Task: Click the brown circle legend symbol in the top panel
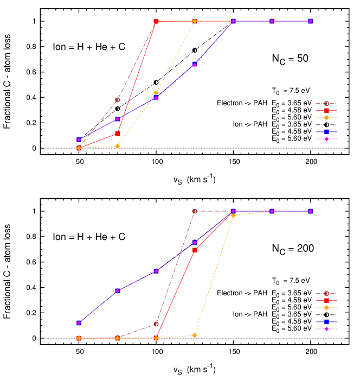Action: [x=326, y=104]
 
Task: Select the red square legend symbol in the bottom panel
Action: [x=326, y=301]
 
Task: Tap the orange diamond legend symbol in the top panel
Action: [x=326, y=118]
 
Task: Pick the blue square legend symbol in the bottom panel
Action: [x=326, y=322]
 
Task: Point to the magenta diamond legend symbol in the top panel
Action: [x=326, y=139]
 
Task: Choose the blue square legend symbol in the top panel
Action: [x=326, y=132]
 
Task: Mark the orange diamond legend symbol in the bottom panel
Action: [x=326, y=308]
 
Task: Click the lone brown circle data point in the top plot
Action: [x=118, y=100]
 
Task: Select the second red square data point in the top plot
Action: [x=118, y=133]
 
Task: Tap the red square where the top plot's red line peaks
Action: [x=156, y=21]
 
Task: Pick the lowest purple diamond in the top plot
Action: [x=79, y=140]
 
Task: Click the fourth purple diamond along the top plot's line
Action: [x=195, y=65]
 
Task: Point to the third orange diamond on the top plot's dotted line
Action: [x=156, y=93]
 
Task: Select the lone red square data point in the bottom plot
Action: [x=195, y=250]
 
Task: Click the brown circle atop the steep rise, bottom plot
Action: [x=195, y=211]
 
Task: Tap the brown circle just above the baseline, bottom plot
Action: [x=156, y=324]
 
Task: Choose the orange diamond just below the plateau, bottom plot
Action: [x=233, y=216]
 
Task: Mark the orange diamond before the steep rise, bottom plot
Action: [x=195, y=335]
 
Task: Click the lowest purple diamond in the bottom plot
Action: [x=79, y=323]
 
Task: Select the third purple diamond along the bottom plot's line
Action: [x=156, y=271]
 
